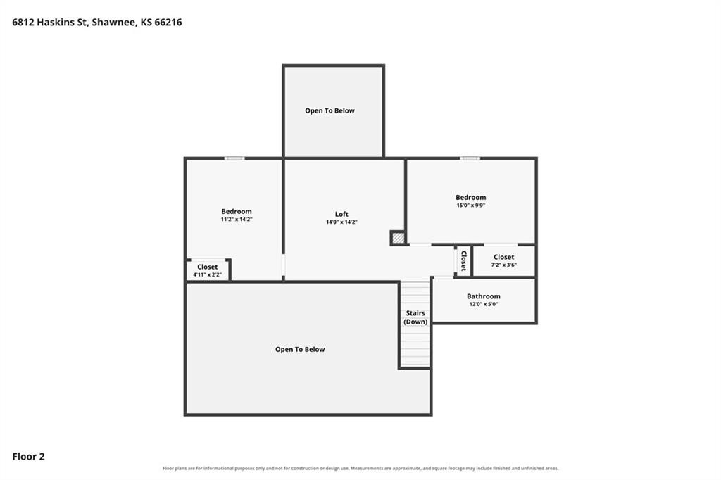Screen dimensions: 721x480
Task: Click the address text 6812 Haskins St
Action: [50, 22]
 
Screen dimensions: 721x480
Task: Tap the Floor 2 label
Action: [28, 457]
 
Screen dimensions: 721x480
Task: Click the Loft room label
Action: [341, 214]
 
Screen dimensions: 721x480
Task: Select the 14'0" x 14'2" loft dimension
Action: [341, 222]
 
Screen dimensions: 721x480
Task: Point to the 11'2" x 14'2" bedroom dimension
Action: [237, 220]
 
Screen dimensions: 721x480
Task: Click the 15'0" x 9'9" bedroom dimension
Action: [471, 206]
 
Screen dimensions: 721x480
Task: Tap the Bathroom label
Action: [484, 296]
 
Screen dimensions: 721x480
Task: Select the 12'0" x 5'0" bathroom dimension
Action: [484, 304]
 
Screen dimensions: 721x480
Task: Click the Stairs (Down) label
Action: [415, 317]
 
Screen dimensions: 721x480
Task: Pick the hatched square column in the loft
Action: [399, 238]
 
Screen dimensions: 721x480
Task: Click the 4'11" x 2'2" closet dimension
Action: [208, 275]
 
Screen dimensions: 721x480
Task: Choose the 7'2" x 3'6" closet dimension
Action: [504, 265]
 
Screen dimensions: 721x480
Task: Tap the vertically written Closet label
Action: [464, 260]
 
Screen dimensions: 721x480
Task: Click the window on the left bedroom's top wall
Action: [234, 158]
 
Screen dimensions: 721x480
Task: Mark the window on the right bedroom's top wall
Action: [470, 158]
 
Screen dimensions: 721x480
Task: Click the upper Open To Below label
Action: [330, 110]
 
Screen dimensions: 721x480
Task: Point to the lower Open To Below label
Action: [300, 349]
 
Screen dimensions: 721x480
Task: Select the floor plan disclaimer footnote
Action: [360, 469]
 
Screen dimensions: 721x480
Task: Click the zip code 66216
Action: [168, 22]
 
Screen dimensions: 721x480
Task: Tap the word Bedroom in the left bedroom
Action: [237, 211]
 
